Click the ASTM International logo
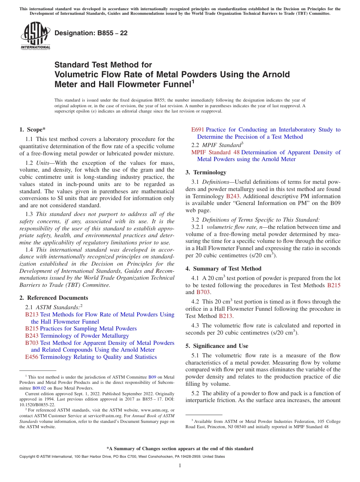[x=35, y=36]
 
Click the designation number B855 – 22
[x=91, y=33]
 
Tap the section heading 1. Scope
[x=32, y=130]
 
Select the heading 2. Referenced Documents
[x=53, y=298]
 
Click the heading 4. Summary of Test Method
[x=223, y=269]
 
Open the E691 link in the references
[x=197, y=130]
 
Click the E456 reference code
[x=31, y=357]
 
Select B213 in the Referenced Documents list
[x=31, y=315]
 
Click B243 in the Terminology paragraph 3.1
[x=233, y=196]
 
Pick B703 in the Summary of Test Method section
[x=203, y=292]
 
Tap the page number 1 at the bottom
[x=180, y=466]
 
